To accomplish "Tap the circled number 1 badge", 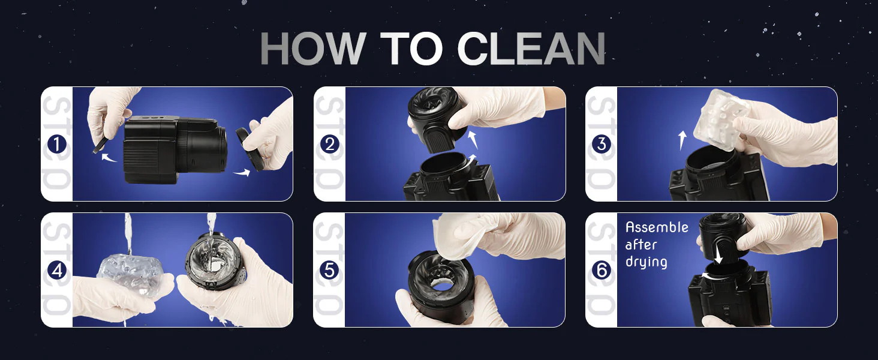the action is point(57,145).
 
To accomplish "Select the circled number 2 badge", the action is point(329,145).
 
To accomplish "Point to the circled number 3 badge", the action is point(602,145).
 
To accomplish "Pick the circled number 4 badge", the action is point(57,271).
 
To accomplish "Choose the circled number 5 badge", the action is point(329,271).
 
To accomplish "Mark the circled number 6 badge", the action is point(602,271).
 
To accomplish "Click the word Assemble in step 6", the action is point(657,227).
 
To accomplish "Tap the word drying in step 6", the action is point(647,262).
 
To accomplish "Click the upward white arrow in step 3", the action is point(682,140).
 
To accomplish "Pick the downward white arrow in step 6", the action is point(718,254).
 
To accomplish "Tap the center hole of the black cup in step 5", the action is point(442,286).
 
